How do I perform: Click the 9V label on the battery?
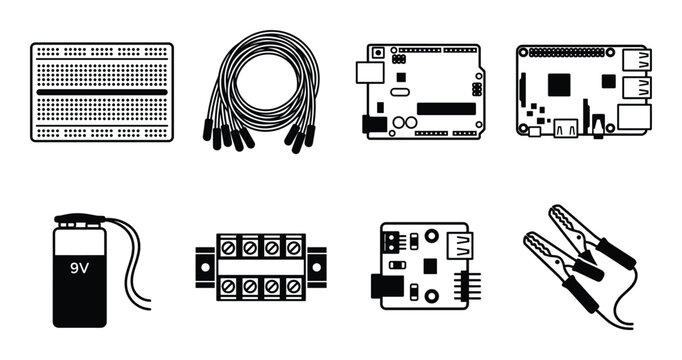click(x=79, y=268)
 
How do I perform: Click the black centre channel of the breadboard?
click(x=102, y=92)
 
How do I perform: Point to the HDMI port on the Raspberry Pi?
click(x=566, y=127)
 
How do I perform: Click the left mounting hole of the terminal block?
click(x=204, y=265)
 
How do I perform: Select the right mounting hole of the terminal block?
click(x=317, y=265)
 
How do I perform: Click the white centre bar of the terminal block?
click(x=261, y=265)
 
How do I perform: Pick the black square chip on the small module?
click(x=429, y=267)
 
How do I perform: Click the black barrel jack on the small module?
click(x=384, y=286)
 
